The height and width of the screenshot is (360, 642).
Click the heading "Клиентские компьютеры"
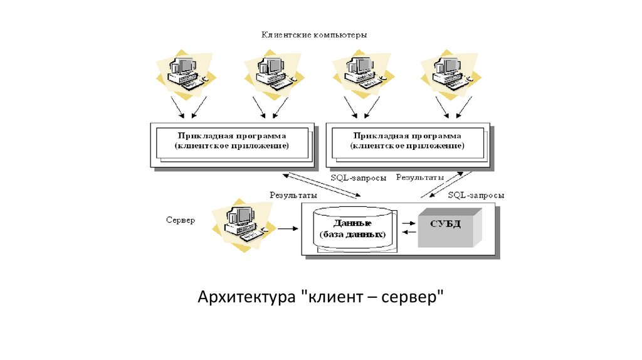[314, 35]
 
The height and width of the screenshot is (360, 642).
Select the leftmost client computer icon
[186, 75]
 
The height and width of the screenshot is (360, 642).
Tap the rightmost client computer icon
[451, 75]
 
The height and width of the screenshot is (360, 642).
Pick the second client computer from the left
[275, 75]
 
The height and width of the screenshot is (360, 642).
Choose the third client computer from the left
[363, 75]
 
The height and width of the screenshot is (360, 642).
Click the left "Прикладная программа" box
[233, 145]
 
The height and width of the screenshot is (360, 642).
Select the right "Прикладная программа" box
[409, 145]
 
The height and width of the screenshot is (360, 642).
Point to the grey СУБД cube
[450, 228]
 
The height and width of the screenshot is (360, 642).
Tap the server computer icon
[244, 225]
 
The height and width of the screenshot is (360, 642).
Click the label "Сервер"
[181, 220]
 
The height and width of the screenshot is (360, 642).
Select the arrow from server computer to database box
[288, 228]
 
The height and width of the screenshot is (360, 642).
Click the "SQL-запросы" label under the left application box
[359, 178]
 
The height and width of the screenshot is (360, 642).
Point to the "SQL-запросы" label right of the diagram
[476, 195]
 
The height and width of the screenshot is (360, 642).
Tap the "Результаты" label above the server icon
[293, 195]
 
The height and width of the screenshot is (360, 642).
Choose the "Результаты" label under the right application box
[420, 177]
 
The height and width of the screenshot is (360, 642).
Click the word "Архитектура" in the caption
[246, 297]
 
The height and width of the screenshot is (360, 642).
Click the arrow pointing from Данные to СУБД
[409, 223]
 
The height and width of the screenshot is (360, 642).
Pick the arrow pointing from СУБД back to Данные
[409, 232]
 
